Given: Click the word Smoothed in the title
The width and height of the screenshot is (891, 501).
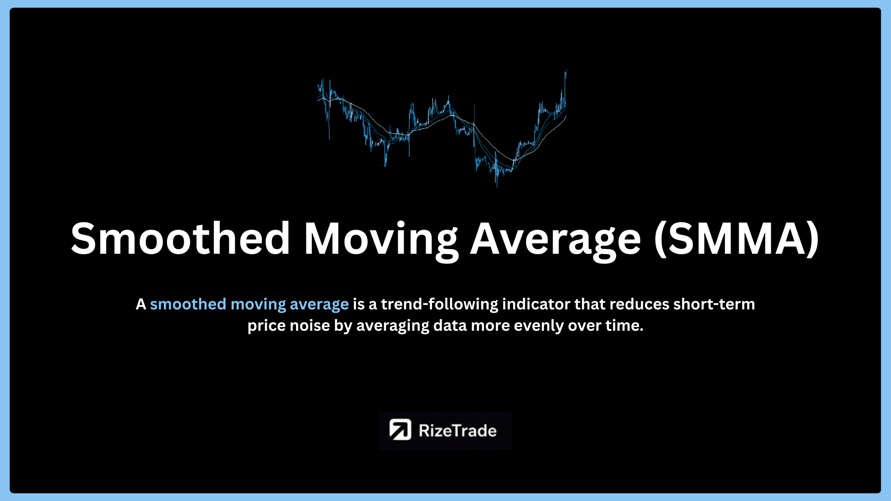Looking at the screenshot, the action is coord(181,238).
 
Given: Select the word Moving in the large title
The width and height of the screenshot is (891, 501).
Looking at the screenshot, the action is coord(381,241).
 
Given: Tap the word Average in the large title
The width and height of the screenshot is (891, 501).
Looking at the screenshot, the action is coord(555,241).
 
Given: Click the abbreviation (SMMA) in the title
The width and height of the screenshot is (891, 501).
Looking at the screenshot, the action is coord(736,239).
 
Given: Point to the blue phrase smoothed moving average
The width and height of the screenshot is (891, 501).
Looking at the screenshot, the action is coord(249,304).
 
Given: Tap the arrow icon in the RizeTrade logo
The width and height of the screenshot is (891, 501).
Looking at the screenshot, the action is coord(400,430).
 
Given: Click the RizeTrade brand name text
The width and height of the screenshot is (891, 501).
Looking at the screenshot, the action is coord(458,430).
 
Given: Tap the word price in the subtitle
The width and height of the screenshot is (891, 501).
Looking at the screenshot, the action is coord(266,326).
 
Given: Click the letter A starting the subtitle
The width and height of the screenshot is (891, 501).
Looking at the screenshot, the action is coord(141,304).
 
